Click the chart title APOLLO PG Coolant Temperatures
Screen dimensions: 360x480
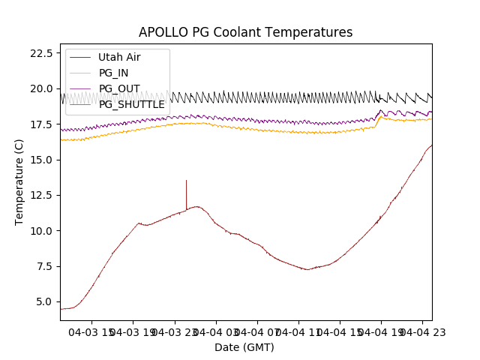(x=245, y=32)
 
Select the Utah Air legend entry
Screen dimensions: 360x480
(x=119, y=57)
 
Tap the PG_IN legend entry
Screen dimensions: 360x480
(x=113, y=73)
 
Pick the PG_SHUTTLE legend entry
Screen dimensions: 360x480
(x=131, y=104)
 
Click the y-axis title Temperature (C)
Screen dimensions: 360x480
(x=19, y=181)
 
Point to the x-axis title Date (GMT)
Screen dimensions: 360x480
(x=244, y=347)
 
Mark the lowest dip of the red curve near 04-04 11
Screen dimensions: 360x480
(x=307, y=269)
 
